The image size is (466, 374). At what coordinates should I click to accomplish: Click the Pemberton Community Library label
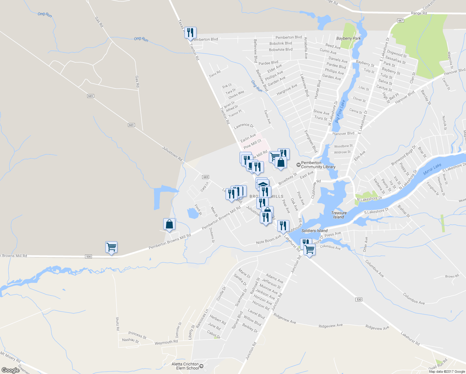pyautogui.click(x=318, y=165)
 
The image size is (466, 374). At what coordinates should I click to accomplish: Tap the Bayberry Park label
pyautogui.click(x=348, y=38)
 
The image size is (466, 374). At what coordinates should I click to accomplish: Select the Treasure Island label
pyautogui.click(x=339, y=215)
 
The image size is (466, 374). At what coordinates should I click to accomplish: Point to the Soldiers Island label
pyautogui.click(x=314, y=231)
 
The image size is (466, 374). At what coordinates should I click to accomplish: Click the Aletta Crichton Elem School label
pyautogui.click(x=185, y=366)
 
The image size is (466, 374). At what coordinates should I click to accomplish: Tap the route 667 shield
pyautogui.click(x=401, y=21)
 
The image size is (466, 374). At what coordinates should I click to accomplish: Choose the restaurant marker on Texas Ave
pyautogui.click(x=190, y=33)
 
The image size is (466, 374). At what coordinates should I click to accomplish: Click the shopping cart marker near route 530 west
pyautogui.click(x=111, y=247)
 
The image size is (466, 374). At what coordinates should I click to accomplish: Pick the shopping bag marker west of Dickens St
pyautogui.click(x=169, y=224)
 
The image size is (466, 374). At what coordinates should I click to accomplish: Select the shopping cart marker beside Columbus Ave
pyautogui.click(x=309, y=249)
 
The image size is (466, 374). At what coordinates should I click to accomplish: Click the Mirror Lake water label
pyautogui.click(x=432, y=169)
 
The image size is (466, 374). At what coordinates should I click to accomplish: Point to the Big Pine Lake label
pyautogui.click(x=340, y=111)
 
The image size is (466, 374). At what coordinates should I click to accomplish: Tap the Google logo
pyautogui.click(x=11, y=370)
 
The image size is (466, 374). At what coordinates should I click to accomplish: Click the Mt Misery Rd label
pyautogui.click(x=10, y=357)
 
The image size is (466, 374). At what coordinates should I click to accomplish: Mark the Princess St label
pyautogui.click(x=137, y=335)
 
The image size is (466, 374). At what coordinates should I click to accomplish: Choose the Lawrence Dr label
pyautogui.click(x=244, y=126)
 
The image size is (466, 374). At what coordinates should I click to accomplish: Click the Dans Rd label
pyautogui.click(x=215, y=74)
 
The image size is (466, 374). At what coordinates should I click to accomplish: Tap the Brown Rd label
pyautogui.click(x=452, y=276)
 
